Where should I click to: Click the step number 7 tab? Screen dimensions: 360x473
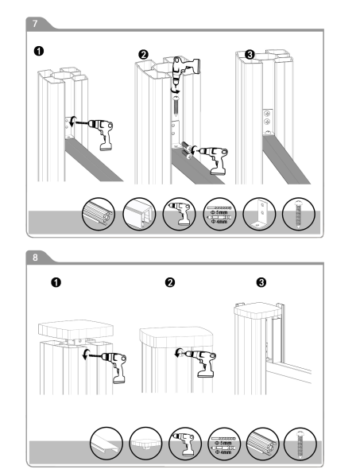tap(36, 23)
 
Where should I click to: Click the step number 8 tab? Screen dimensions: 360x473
tap(36, 257)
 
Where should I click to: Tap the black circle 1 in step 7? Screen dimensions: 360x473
tap(39, 51)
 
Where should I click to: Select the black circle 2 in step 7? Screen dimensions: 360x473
tap(144, 55)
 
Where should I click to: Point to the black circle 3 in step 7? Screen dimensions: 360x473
tap(250, 55)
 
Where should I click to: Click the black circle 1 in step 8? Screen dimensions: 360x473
tap(56, 283)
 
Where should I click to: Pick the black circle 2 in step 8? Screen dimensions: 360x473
tap(170, 283)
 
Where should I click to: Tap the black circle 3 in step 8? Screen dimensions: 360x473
tap(261, 283)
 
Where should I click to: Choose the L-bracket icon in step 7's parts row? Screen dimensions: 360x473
tap(259, 214)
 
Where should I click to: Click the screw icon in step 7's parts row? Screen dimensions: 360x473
tap(299, 214)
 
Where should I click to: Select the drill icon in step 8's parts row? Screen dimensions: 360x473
tap(184, 444)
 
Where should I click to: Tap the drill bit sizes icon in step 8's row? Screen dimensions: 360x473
tap(224, 444)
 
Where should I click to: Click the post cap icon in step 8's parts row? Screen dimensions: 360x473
tap(145, 444)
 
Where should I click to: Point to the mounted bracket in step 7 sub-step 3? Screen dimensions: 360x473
tap(268, 122)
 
